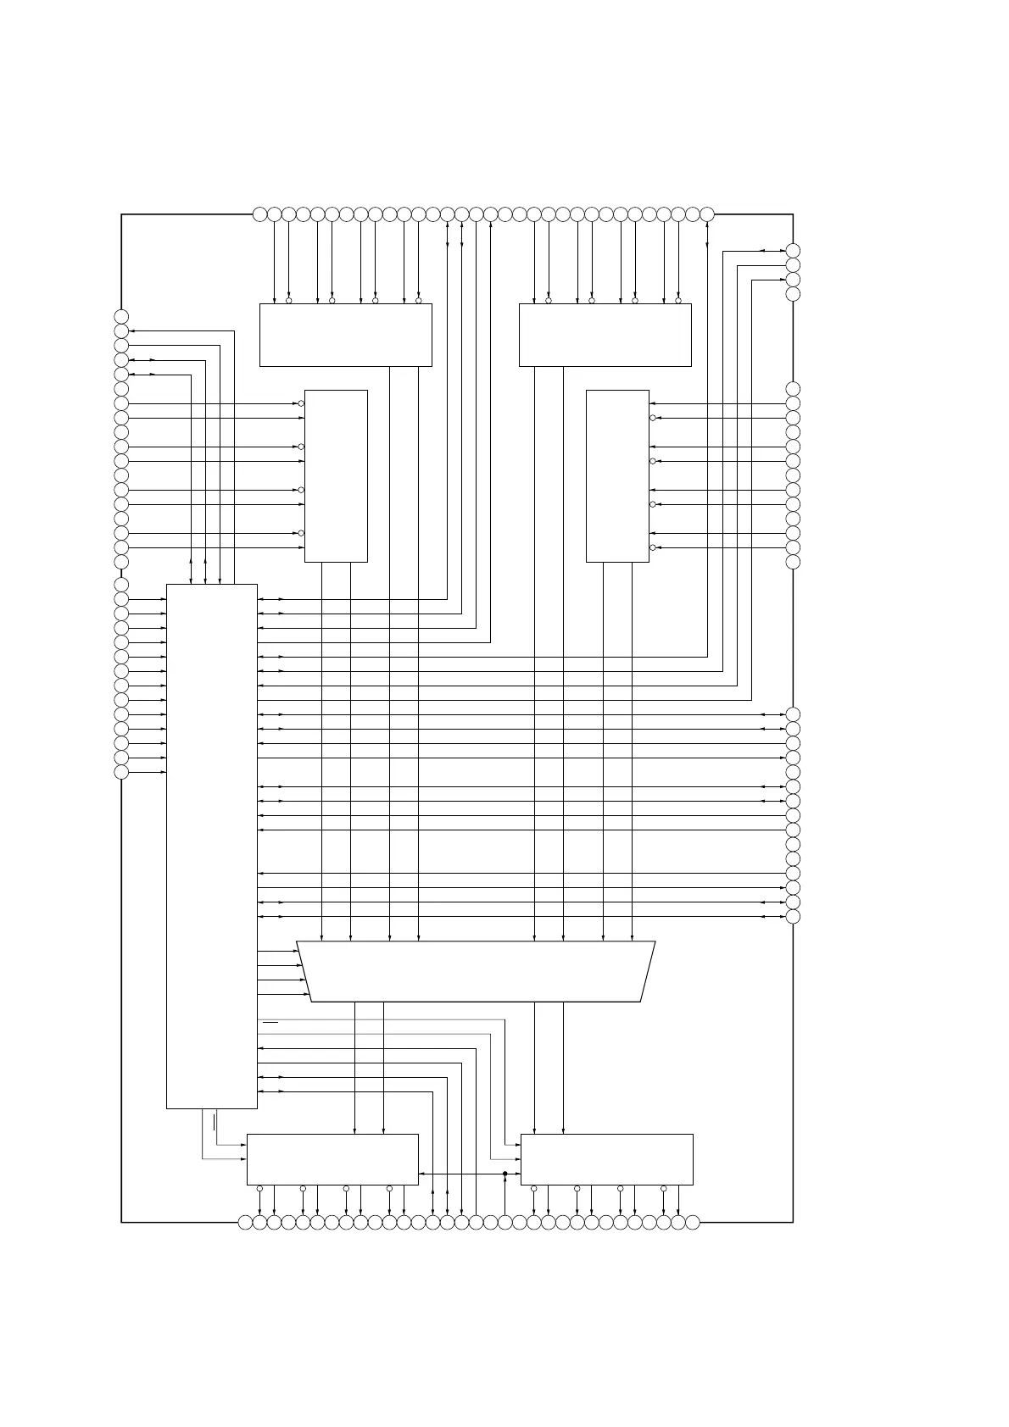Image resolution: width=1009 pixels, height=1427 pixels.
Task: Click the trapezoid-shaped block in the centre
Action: pos(476,971)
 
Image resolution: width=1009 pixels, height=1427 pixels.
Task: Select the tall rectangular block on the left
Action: pos(212,846)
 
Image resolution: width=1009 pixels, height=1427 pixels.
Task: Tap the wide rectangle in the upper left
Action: pos(345,335)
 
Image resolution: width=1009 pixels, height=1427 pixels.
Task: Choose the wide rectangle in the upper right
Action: pos(605,335)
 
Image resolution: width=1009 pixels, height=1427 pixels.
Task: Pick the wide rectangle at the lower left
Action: pos(332,1159)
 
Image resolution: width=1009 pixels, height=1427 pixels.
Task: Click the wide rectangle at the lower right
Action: pos(606,1159)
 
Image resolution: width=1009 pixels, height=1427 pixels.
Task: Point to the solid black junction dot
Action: pos(504,1174)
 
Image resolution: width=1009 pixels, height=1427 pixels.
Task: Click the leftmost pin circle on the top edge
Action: pos(259,214)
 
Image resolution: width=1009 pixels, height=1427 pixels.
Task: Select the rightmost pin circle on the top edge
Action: pos(707,214)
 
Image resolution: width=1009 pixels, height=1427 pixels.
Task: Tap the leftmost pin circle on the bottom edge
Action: pos(245,1222)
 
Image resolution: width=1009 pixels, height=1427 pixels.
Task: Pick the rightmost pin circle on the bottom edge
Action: pos(693,1222)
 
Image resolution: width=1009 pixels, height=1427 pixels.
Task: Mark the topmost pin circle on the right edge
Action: pos(793,250)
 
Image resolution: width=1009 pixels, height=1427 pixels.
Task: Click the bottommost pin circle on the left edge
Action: pos(121,772)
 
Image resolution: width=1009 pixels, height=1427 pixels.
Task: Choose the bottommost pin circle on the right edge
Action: pos(793,916)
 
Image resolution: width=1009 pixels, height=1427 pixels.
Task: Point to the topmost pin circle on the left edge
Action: pos(121,317)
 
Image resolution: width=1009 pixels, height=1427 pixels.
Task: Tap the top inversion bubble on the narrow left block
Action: pos(301,403)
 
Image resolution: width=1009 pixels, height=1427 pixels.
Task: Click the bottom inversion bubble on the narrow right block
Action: pos(652,547)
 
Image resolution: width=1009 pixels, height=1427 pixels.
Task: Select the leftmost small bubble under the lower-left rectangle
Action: pos(259,1188)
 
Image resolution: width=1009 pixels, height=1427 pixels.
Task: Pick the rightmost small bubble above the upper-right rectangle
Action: pos(678,300)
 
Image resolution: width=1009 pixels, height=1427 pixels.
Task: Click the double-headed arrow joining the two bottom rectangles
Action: pos(469,1174)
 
